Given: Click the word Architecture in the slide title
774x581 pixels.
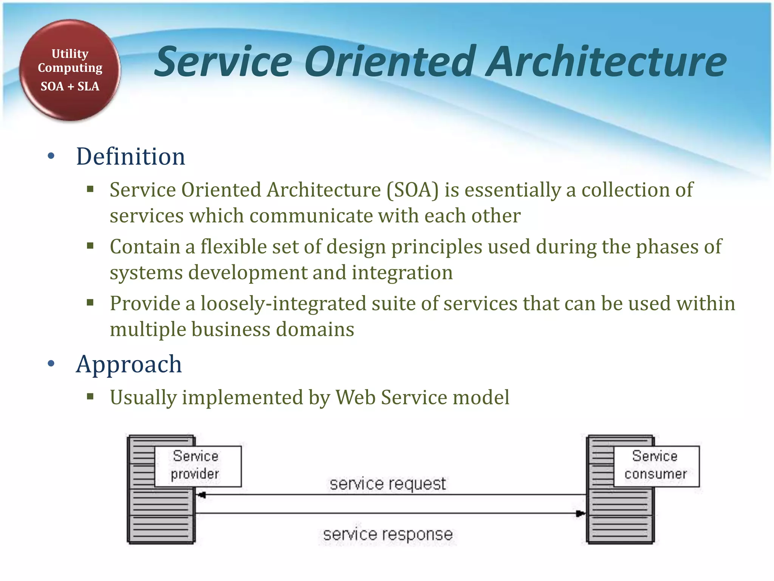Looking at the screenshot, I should pyautogui.click(x=606, y=61).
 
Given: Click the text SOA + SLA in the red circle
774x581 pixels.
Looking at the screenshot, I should pyautogui.click(x=70, y=86).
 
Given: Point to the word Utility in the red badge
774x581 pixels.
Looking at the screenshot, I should pyautogui.click(x=70, y=54).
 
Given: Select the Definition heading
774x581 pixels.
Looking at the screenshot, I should pyautogui.click(x=130, y=156).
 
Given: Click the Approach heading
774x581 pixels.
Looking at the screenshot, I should pyautogui.click(x=129, y=364).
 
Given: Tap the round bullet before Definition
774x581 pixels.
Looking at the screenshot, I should pyautogui.click(x=51, y=156).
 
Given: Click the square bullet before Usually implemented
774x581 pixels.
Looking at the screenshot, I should pyautogui.click(x=90, y=397).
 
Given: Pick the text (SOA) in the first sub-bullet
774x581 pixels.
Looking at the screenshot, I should pyautogui.click(x=412, y=190).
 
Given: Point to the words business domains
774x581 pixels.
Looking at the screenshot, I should pyautogui.click(x=272, y=329).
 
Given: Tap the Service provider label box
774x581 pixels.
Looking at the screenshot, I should pyautogui.click(x=198, y=466).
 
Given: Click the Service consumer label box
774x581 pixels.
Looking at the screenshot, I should pyautogui.click(x=656, y=466).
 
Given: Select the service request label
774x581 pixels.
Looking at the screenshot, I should pyautogui.click(x=387, y=484).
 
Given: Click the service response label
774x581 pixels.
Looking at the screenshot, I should pyautogui.click(x=387, y=534).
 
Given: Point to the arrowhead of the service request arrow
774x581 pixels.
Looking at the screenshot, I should pyautogui.click(x=201, y=495).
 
